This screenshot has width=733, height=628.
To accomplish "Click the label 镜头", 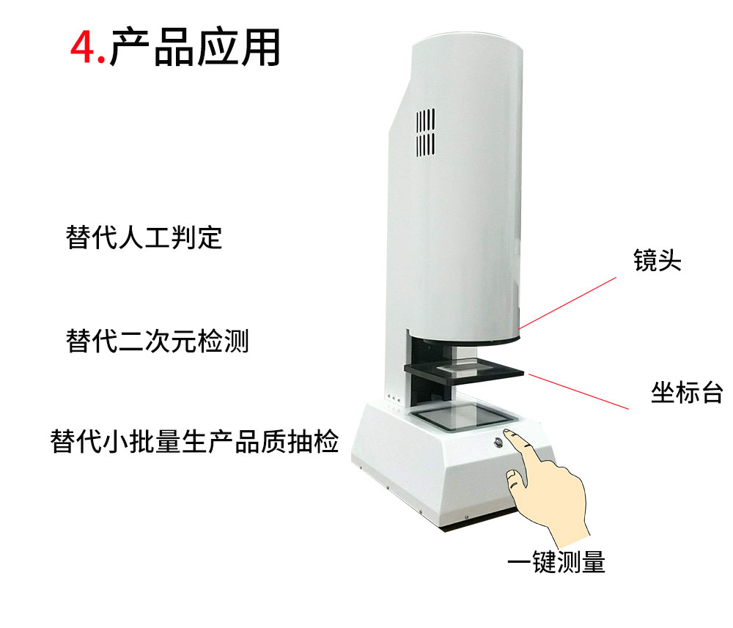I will click(x=657, y=261).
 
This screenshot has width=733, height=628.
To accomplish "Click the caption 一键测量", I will click(x=556, y=562).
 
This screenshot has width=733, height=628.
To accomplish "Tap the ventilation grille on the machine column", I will click(x=426, y=132).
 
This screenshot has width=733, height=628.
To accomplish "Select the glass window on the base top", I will click(x=460, y=416).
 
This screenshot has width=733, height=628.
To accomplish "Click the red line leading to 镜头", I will click(x=568, y=302).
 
